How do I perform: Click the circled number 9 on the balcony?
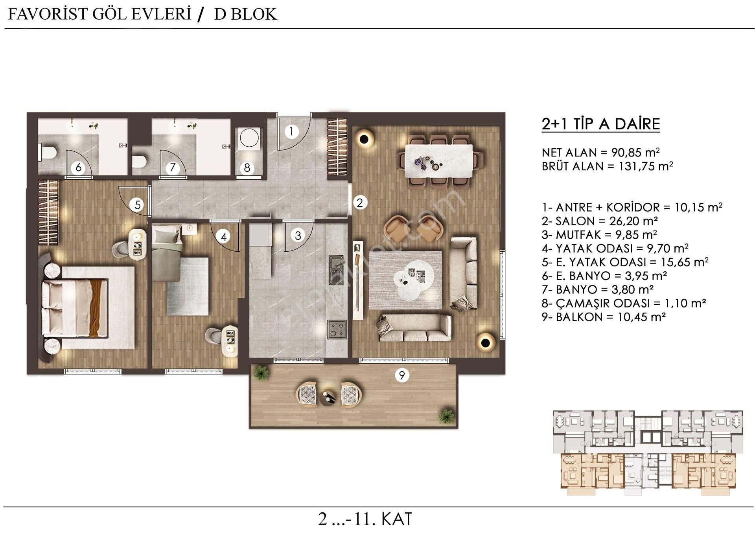point(401,375)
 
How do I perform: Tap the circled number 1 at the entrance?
point(291,131)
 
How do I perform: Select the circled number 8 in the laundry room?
point(247,168)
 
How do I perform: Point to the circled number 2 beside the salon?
point(359,203)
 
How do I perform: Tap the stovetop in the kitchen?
point(337,329)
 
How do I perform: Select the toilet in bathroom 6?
point(48,152)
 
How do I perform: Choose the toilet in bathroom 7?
point(140,161)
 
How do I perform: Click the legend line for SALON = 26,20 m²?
point(600,221)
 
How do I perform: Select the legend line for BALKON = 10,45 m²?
point(604,317)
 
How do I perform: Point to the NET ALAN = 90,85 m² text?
point(600,152)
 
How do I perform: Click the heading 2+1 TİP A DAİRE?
point(600,124)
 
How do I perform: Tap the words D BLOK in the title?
point(245,14)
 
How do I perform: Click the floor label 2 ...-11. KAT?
point(365,519)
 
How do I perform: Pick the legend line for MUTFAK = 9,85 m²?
point(599,235)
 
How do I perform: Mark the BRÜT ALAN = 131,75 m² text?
point(607,166)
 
